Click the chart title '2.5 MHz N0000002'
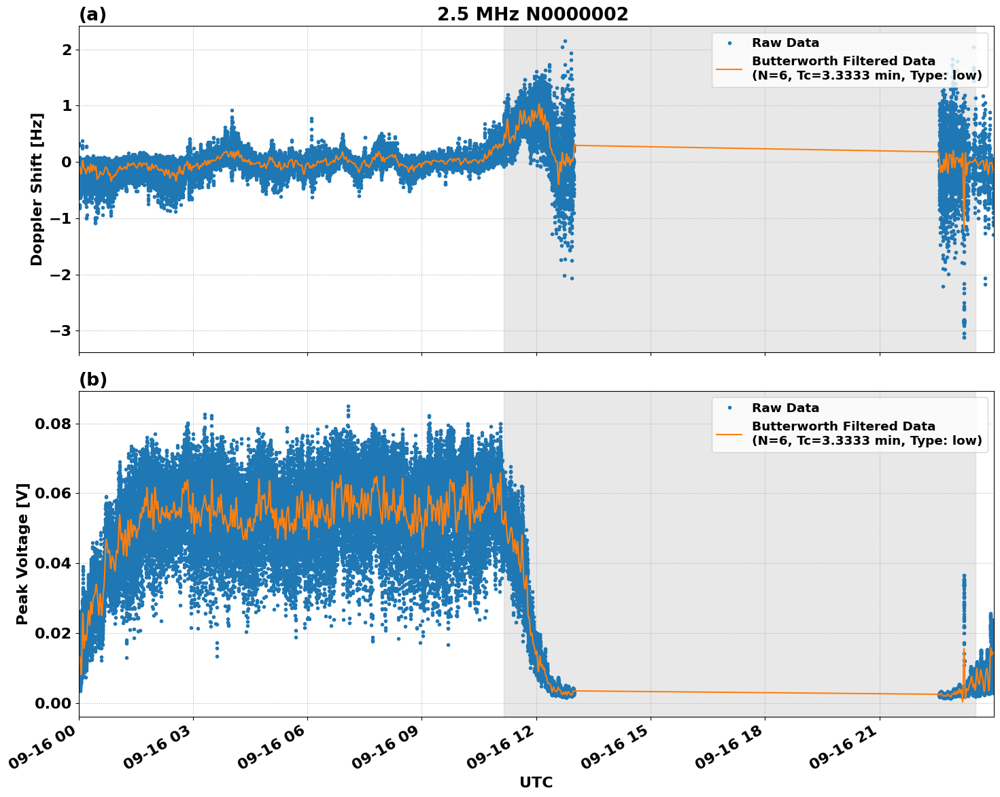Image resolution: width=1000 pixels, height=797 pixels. pyautogui.click(x=532, y=14)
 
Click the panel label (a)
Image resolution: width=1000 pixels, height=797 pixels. pyautogui.click(x=92, y=14)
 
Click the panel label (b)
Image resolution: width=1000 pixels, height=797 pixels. pyautogui.click(x=92, y=379)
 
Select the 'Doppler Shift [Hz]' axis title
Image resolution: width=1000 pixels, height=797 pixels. pyautogui.click(x=37, y=189)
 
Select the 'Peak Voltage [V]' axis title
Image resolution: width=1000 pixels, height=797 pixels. pyautogui.click(x=22, y=554)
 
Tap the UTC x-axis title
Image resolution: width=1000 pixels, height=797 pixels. pyautogui.click(x=536, y=782)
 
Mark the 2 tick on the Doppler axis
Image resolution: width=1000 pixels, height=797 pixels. pyautogui.click(x=67, y=50)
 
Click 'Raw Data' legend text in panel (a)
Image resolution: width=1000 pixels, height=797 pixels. pyautogui.click(x=785, y=43)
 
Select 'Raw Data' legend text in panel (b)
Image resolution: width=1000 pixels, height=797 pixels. pyautogui.click(x=785, y=408)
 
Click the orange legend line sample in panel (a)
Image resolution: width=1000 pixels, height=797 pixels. pyautogui.click(x=729, y=69)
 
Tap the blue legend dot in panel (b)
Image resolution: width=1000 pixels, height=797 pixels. pyautogui.click(x=729, y=408)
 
